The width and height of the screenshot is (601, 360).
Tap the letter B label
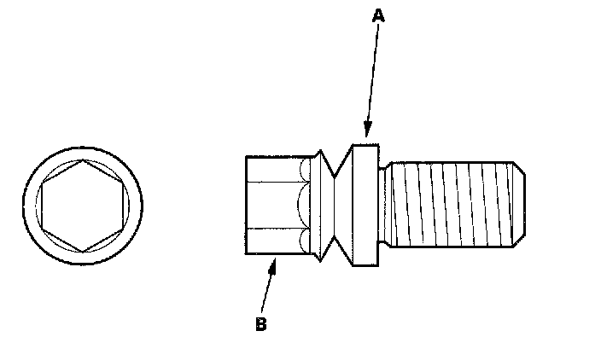tap(260, 323)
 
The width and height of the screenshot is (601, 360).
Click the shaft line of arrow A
tap(371, 77)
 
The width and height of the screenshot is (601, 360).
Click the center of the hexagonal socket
tap(82, 206)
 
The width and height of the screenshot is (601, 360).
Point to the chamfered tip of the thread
tap(518, 205)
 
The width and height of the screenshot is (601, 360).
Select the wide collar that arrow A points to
tap(365, 205)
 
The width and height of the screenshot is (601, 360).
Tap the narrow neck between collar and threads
tap(383, 205)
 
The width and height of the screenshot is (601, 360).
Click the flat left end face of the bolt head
tap(246, 205)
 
